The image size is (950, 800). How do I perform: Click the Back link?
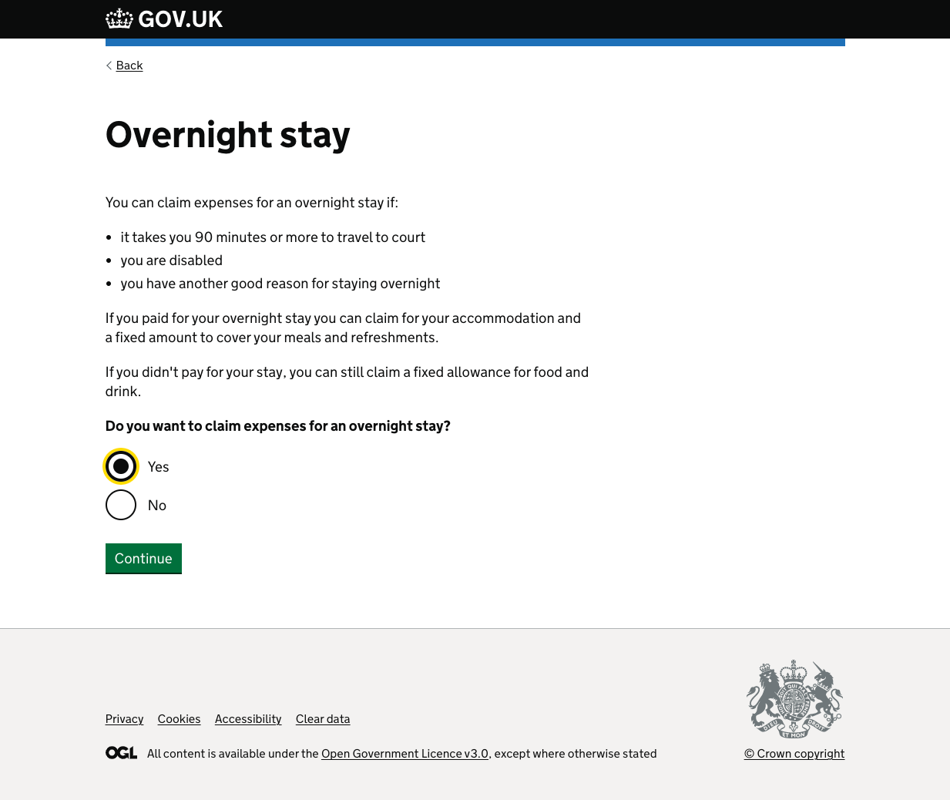pyautogui.click(x=129, y=66)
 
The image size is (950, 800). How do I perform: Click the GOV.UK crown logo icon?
pyautogui.click(x=119, y=18)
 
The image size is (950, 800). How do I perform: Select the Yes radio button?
pyautogui.click(x=121, y=466)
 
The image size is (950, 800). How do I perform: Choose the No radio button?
pyautogui.click(x=121, y=505)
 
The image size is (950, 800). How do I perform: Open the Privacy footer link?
pyautogui.click(x=124, y=719)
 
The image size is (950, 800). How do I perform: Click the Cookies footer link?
pyautogui.click(x=179, y=719)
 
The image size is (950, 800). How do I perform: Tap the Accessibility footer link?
pyautogui.click(x=248, y=719)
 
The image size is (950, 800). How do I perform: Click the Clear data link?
pyautogui.click(x=323, y=719)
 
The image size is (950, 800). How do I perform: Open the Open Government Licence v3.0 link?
pyautogui.click(x=405, y=754)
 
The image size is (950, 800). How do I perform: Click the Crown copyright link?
pyautogui.click(x=794, y=754)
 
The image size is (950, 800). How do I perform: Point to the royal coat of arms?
pyautogui.click(x=794, y=699)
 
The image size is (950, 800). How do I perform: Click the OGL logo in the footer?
pyautogui.click(x=121, y=753)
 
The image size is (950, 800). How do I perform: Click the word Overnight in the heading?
pyautogui.click(x=189, y=135)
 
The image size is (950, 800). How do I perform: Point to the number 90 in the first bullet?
pyautogui.click(x=203, y=237)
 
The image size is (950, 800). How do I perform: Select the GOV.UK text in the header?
pyautogui.click(x=180, y=19)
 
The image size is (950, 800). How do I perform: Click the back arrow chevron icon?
pyautogui.click(x=109, y=66)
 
